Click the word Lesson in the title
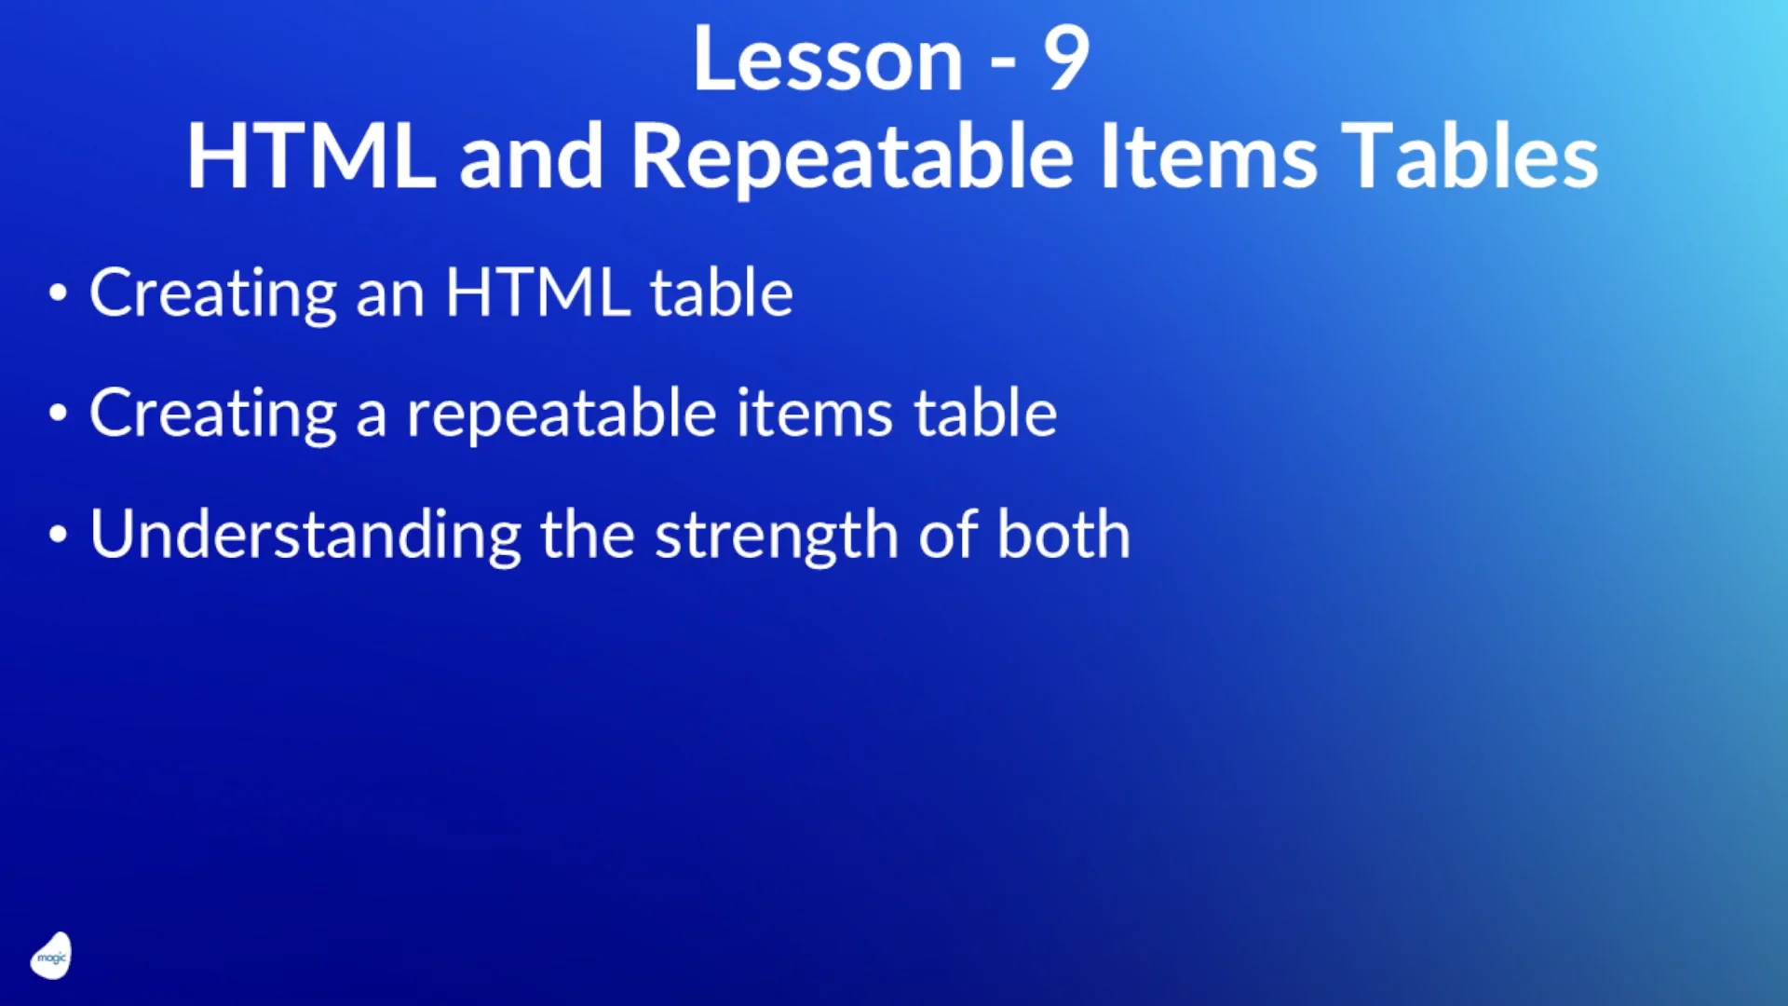click(x=827, y=60)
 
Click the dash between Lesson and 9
click(x=1003, y=64)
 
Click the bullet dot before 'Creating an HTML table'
click(x=58, y=293)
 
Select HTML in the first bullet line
click(x=537, y=293)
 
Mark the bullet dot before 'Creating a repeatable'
click(x=58, y=413)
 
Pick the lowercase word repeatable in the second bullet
click(x=562, y=415)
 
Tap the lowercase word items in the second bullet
click(x=815, y=415)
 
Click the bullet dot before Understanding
click(x=58, y=535)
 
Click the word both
click(x=1063, y=535)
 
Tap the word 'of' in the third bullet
click(x=948, y=535)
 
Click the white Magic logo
click(x=51, y=956)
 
